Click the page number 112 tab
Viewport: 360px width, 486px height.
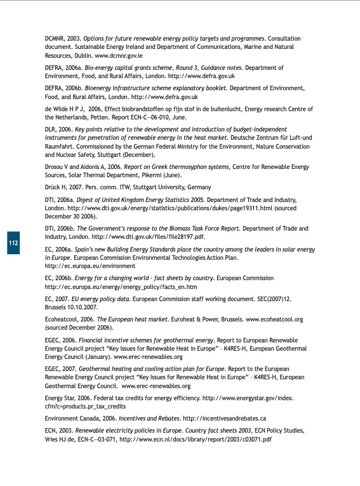[13, 243]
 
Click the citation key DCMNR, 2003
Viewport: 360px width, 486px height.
[63, 39]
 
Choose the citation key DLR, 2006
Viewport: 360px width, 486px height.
[58, 130]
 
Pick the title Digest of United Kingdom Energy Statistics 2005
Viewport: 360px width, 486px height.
[141, 199]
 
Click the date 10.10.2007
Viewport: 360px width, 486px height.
[79, 307]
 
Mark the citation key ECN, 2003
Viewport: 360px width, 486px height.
[60, 431]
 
